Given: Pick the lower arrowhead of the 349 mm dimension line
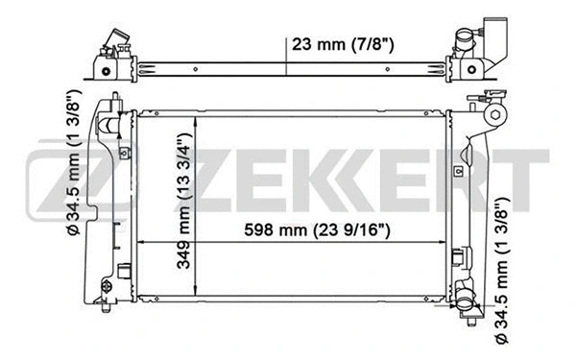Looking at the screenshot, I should click(x=195, y=295).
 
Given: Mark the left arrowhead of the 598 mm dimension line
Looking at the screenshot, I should click(x=142, y=241).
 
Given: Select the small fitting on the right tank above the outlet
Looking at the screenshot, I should click(x=459, y=257).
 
